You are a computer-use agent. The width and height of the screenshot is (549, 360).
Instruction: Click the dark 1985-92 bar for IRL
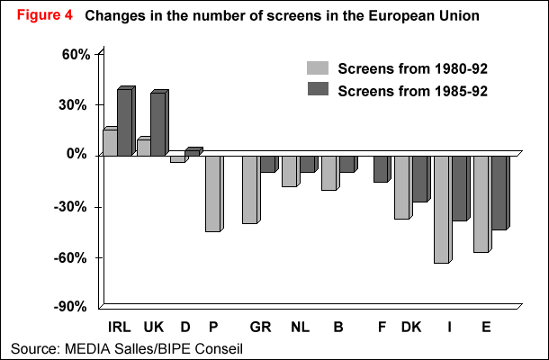(x=124, y=122)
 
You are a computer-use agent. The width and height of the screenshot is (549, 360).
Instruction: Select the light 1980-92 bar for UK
(x=142, y=147)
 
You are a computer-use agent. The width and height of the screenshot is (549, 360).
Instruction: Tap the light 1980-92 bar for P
(x=212, y=193)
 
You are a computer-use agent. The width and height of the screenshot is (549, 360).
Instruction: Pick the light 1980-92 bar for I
(x=441, y=209)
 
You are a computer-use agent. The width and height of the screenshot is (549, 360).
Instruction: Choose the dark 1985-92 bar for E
(x=497, y=192)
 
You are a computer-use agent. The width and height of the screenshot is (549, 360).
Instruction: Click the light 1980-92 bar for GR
(x=249, y=189)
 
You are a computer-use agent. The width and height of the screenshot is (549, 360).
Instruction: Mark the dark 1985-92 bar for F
(x=381, y=168)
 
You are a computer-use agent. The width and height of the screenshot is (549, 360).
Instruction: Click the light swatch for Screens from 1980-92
(x=318, y=68)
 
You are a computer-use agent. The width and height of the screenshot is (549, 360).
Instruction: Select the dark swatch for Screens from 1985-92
(x=318, y=89)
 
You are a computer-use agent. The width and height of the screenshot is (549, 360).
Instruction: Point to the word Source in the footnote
(x=31, y=347)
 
